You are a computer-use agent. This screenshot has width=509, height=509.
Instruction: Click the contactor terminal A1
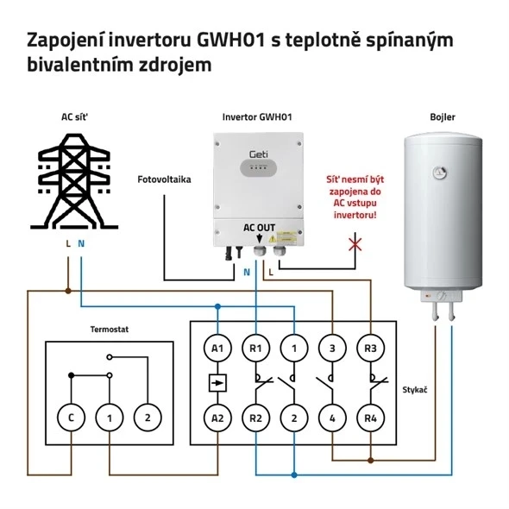point(217,348)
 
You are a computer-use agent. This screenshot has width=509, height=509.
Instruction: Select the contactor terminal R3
point(370,348)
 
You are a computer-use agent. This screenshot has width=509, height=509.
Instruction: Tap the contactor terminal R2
point(256,418)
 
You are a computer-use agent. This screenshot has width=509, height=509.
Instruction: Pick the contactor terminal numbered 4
point(332,418)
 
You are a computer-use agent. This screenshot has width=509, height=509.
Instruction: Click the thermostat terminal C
point(71,418)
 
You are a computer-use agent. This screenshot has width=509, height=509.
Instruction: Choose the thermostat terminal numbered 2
point(148,418)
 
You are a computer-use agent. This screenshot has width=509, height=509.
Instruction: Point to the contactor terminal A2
point(217,418)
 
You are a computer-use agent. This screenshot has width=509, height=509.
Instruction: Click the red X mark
point(355,245)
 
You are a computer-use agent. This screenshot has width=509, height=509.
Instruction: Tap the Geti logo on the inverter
point(259,154)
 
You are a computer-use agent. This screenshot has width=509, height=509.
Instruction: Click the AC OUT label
point(259,228)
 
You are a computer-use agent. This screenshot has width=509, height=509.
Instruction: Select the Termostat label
point(110,330)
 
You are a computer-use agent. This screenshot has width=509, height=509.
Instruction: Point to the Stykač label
point(415,390)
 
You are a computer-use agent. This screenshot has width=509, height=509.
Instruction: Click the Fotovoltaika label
point(164,179)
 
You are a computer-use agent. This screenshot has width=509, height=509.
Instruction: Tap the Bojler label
point(443,117)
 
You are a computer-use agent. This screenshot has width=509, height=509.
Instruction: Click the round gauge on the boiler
point(440,173)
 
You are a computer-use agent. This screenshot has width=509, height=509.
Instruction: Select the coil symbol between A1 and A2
point(217,383)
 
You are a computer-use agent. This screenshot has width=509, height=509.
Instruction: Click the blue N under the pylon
point(81,243)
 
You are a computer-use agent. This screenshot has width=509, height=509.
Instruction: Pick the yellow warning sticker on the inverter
point(283,237)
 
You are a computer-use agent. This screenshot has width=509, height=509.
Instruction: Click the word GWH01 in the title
point(231,41)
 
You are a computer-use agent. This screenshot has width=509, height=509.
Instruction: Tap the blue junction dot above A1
point(217,306)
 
